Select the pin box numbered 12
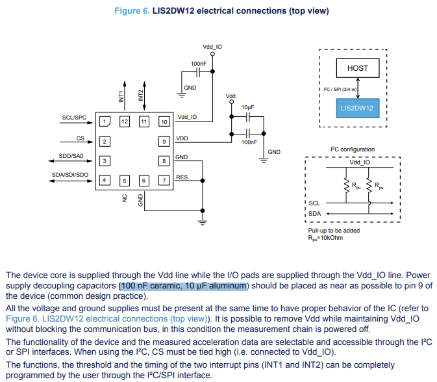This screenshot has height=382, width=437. [123, 121]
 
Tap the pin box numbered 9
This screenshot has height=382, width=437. [164, 141]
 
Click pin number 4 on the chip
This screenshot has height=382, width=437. [104, 180]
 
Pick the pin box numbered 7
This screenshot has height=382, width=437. [164, 180]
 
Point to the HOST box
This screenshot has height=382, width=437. [357, 68]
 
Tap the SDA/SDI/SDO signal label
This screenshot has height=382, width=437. [69, 175]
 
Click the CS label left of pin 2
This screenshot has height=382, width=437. [80, 138]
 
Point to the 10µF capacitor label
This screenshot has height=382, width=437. [247, 107]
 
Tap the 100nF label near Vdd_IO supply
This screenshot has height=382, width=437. [199, 63]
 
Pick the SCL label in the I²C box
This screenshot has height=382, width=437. [314, 203]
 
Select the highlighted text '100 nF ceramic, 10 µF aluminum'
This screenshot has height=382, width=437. [183, 286]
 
